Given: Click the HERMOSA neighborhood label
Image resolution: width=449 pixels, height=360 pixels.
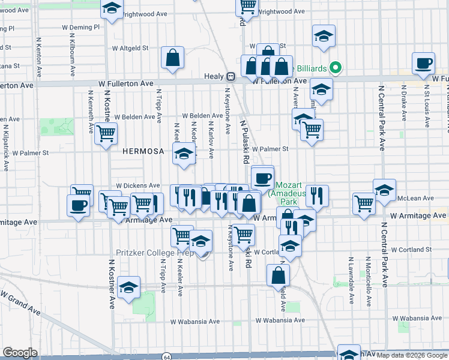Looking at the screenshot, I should pos(143,152).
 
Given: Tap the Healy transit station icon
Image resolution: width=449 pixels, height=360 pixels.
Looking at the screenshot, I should pos(230,76).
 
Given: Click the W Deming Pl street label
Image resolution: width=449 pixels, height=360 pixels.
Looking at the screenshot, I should pos(79,27).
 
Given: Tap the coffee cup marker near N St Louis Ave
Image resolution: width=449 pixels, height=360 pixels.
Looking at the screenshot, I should pos(424,63).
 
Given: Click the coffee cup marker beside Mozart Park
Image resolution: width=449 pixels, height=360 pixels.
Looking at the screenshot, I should pos(262,177).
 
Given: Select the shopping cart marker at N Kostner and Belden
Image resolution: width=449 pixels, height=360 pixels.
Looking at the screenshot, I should pos(106,133).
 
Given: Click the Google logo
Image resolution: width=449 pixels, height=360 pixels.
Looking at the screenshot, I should pos(20,353).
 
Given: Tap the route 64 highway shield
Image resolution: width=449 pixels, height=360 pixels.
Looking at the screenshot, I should pos(165,356).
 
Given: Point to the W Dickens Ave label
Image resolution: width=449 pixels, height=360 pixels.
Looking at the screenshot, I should pos(138,185).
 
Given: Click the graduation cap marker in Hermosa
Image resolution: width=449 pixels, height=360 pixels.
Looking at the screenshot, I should pos(184,153).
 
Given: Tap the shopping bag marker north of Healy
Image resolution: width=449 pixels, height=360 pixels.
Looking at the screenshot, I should pos(172,58).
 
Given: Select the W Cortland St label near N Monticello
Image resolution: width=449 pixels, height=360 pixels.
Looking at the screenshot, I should pos(411,250).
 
